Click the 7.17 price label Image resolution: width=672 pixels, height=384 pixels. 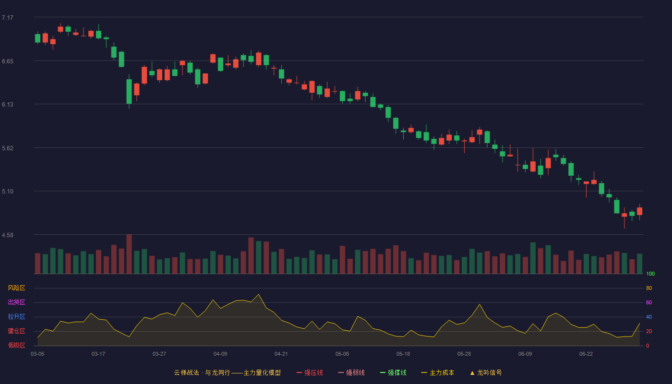(x=8, y=18)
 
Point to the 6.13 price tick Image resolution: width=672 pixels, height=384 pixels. (x=8, y=105)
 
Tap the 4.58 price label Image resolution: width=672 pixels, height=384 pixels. (x=8, y=235)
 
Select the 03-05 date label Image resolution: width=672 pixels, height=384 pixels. (x=37, y=354)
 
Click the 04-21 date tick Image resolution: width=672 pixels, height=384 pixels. (x=281, y=354)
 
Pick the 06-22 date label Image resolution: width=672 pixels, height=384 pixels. (x=586, y=354)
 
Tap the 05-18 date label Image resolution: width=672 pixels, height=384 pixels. (x=403, y=354)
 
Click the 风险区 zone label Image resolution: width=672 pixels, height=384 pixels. (x=16, y=288)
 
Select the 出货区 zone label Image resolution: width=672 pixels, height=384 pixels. (x=16, y=302)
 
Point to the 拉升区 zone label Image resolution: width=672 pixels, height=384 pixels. (x=16, y=316)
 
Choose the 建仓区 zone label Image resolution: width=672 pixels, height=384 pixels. (x=16, y=331)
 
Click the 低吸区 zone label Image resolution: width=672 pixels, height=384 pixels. (x=16, y=345)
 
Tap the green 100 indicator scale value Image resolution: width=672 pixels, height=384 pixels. (x=650, y=274)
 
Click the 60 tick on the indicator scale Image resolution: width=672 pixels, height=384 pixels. (x=649, y=302)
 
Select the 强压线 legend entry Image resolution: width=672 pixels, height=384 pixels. (x=310, y=372)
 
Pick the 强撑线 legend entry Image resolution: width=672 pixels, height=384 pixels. (x=393, y=372)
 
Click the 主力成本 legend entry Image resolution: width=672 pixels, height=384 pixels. (x=438, y=372)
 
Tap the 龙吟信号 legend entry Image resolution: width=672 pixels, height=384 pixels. (x=486, y=372)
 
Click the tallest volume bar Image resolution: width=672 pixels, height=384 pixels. (x=129, y=254)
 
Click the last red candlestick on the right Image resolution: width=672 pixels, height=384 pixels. (x=639, y=211)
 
